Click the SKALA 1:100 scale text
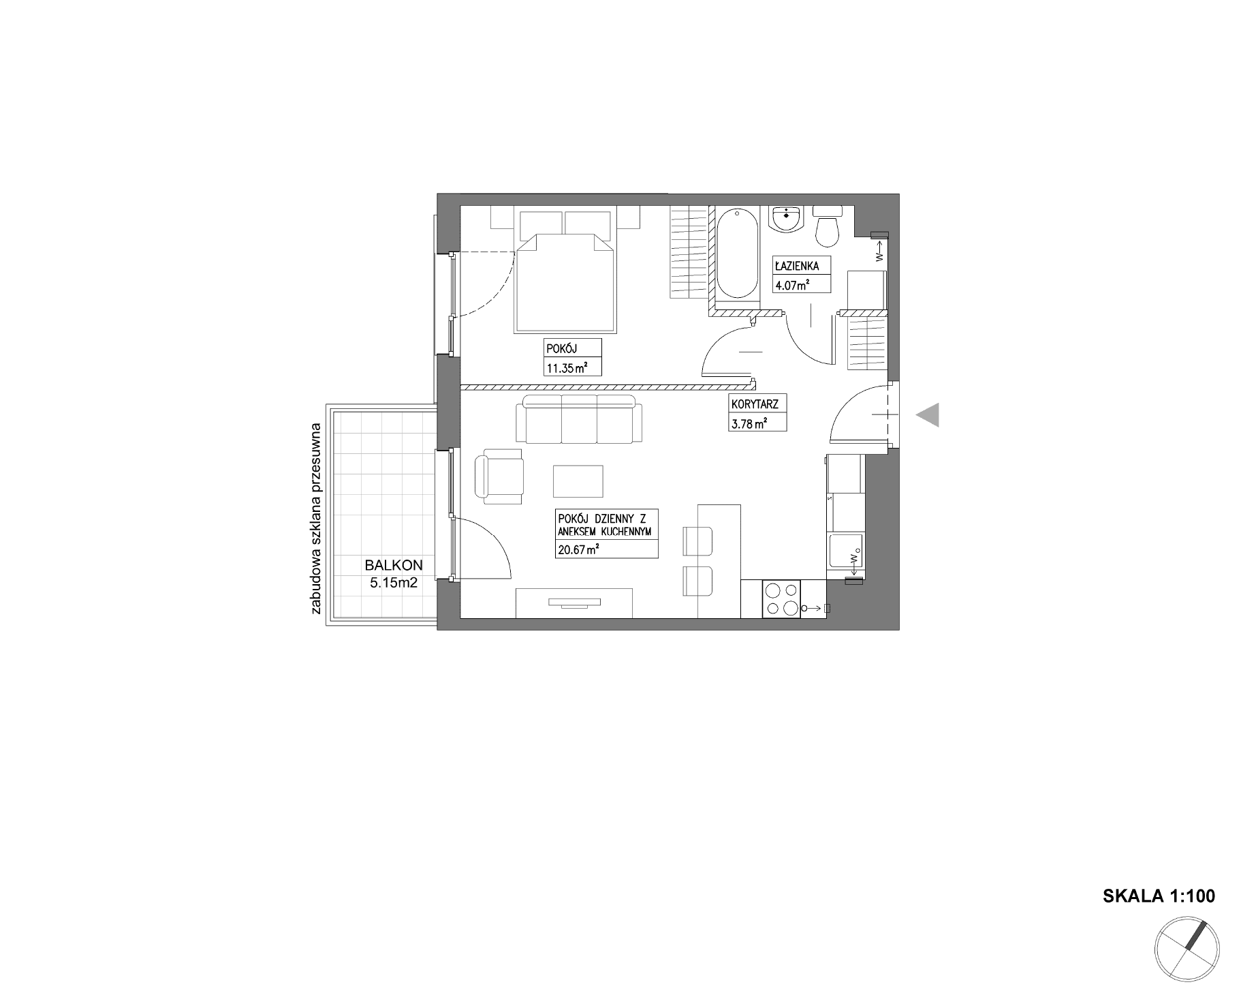click(x=1159, y=896)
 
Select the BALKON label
click(x=394, y=565)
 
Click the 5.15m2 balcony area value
click(x=393, y=583)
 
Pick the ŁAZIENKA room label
click(x=797, y=267)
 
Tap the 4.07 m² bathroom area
click(x=791, y=285)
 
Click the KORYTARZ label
click(x=755, y=404)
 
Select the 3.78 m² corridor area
click(x=749, y=423)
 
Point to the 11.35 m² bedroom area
click(x=567, y=369)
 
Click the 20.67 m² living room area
click(x=578, y=549)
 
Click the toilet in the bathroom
click(x=828, y=226)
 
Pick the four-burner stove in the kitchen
click(x=782, y=599)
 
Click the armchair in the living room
click(x=499, y=476)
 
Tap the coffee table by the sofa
click(x=578, y=481)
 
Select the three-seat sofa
click(x=579, y=419)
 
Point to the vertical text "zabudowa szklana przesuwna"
click(x=316, y=519)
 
